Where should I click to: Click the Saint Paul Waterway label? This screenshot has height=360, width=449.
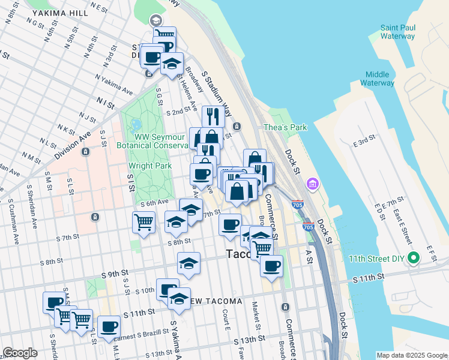(x=397, y=32)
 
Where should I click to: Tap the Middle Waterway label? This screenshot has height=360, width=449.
(x=378, y=79)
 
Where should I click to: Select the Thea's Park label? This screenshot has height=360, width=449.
(x=285, y=127)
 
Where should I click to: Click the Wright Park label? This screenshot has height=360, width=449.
(x=150, y=166)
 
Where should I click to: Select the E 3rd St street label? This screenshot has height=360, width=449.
(x=364, y=141)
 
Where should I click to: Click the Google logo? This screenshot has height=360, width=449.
(x=20, y=352)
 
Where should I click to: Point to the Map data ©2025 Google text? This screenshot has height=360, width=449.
(x=411, y=355)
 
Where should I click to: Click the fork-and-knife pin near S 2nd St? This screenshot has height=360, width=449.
(x=213, y=115)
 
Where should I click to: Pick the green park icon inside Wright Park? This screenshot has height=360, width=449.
(x=136, y=125)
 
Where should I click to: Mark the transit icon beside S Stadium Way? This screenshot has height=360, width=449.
(x=237, y=127)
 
